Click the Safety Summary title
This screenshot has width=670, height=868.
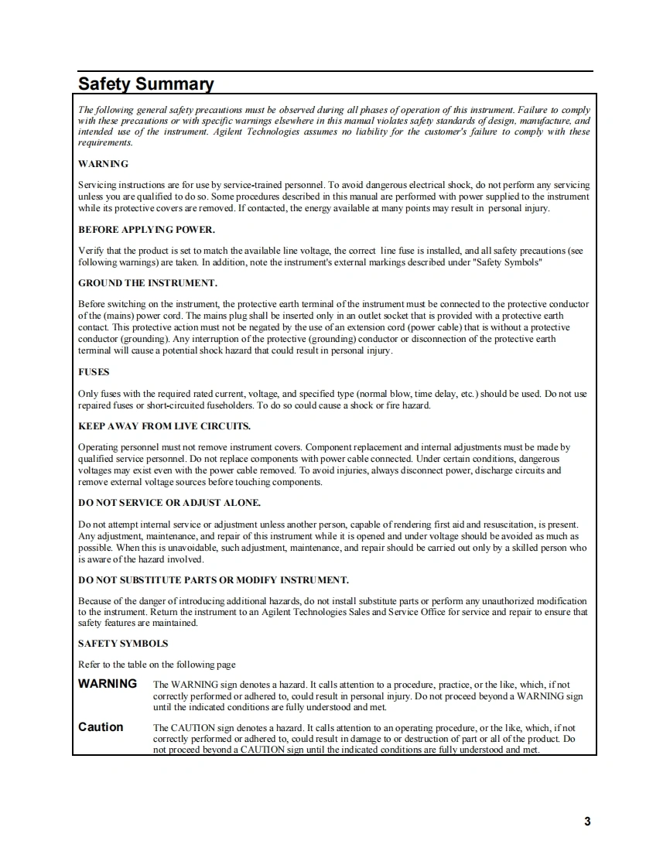tap(145, 84)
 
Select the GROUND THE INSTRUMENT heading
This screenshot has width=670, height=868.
tap(148, 283)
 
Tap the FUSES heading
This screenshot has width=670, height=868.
tap(94, 372)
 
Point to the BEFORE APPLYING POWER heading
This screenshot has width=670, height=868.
tap(146, 230)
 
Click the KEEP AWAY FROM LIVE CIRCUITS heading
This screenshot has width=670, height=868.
tap(164, 426)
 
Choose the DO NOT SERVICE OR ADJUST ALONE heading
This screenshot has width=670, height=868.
tap(169, 503)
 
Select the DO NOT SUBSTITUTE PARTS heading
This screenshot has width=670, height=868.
tap(214, 579)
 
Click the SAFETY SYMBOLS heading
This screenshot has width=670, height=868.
tap(123, 644)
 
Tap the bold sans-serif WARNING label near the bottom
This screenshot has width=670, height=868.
tap(108, 684)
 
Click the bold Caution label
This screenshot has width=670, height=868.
tap(101, 727)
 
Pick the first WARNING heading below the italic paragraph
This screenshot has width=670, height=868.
tap(103, 164)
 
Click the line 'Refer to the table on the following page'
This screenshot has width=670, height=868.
tap(157, 665)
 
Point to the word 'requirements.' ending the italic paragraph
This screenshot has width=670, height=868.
tap(105, 142)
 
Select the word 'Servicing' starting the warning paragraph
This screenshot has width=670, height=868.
tap(96, 186)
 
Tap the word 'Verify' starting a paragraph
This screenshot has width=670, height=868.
tap(90, 251)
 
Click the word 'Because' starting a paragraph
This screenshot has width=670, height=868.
tap(95, 601)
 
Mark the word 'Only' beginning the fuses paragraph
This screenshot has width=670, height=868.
tap(87, 394)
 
